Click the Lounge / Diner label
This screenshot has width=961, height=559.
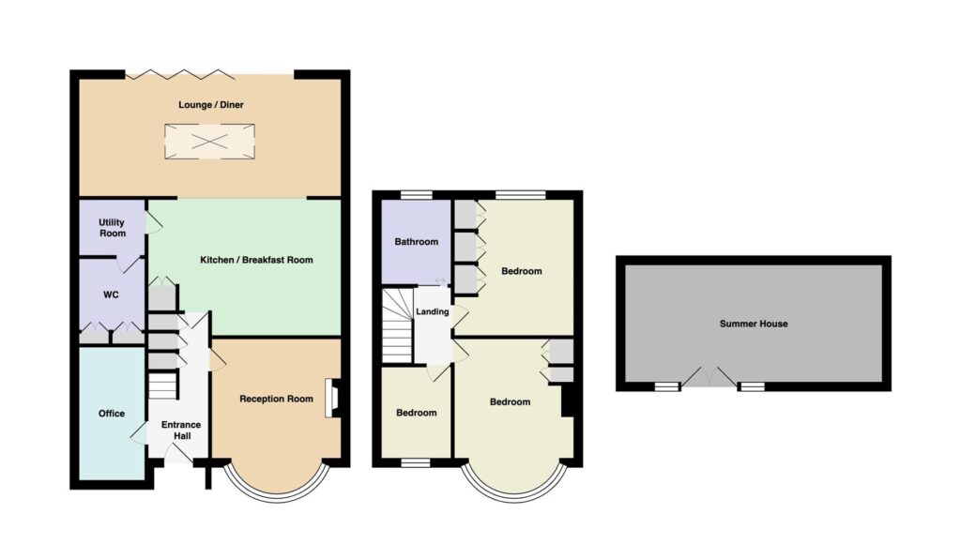[211, 105]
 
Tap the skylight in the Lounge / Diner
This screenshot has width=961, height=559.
[209, 142]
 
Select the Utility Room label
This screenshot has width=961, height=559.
[113, 228]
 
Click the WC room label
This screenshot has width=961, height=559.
[111, 295]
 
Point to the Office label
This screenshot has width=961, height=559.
[112, 414]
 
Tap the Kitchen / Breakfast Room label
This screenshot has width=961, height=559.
[256, 260]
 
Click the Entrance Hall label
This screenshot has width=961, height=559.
[181, 430]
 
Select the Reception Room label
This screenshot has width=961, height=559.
[276, 399]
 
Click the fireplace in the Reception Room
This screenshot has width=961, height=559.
[332, 399]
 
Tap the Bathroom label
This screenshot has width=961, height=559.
[416, 242]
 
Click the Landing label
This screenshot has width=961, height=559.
[432, 311]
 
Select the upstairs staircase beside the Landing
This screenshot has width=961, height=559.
[397, 326]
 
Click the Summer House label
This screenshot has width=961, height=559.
[754, 324]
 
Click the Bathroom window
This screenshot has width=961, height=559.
[417, 195]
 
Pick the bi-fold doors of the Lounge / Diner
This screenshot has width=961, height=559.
[180, 75]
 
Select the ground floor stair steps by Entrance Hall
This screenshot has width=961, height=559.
[162, 385]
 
